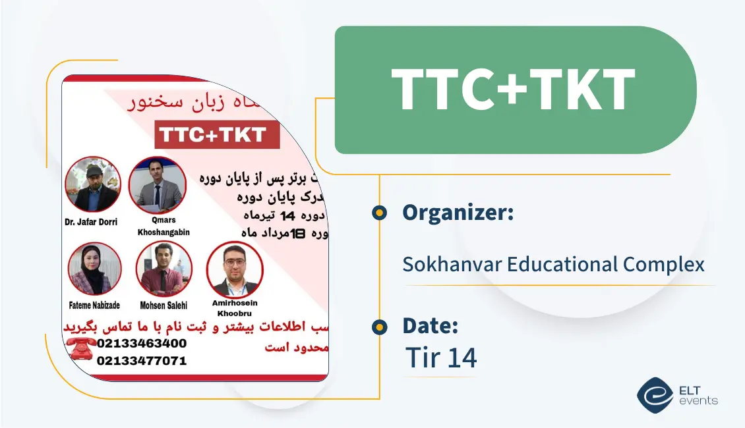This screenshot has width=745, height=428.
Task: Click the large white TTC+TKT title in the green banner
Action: [513, 90]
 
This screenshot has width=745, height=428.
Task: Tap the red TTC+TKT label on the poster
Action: [218, 136]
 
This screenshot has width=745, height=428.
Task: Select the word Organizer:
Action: [458, 213]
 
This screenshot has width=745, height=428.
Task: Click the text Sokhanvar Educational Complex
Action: [553, 265]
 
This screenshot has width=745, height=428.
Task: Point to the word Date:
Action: [430, 325]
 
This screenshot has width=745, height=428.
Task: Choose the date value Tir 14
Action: [440, 358]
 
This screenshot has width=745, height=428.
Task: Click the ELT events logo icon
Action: [654, 395]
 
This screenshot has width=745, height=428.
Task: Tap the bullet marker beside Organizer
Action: [379, 213]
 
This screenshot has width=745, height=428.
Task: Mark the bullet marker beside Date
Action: [379, 327]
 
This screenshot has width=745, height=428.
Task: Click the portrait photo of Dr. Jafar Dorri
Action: [93, 184]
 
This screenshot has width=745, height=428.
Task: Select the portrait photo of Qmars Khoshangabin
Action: [157, 184]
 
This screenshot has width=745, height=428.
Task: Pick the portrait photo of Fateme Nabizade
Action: [95, 269]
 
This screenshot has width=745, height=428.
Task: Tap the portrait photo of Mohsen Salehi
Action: [164, 269]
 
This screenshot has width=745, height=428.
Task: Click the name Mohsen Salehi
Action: [164, 305]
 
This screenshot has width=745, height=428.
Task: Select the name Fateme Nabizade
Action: [95, 305]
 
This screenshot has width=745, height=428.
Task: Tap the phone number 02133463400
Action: [141, 344]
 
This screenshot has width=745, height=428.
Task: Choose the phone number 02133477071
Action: [141, 360]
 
